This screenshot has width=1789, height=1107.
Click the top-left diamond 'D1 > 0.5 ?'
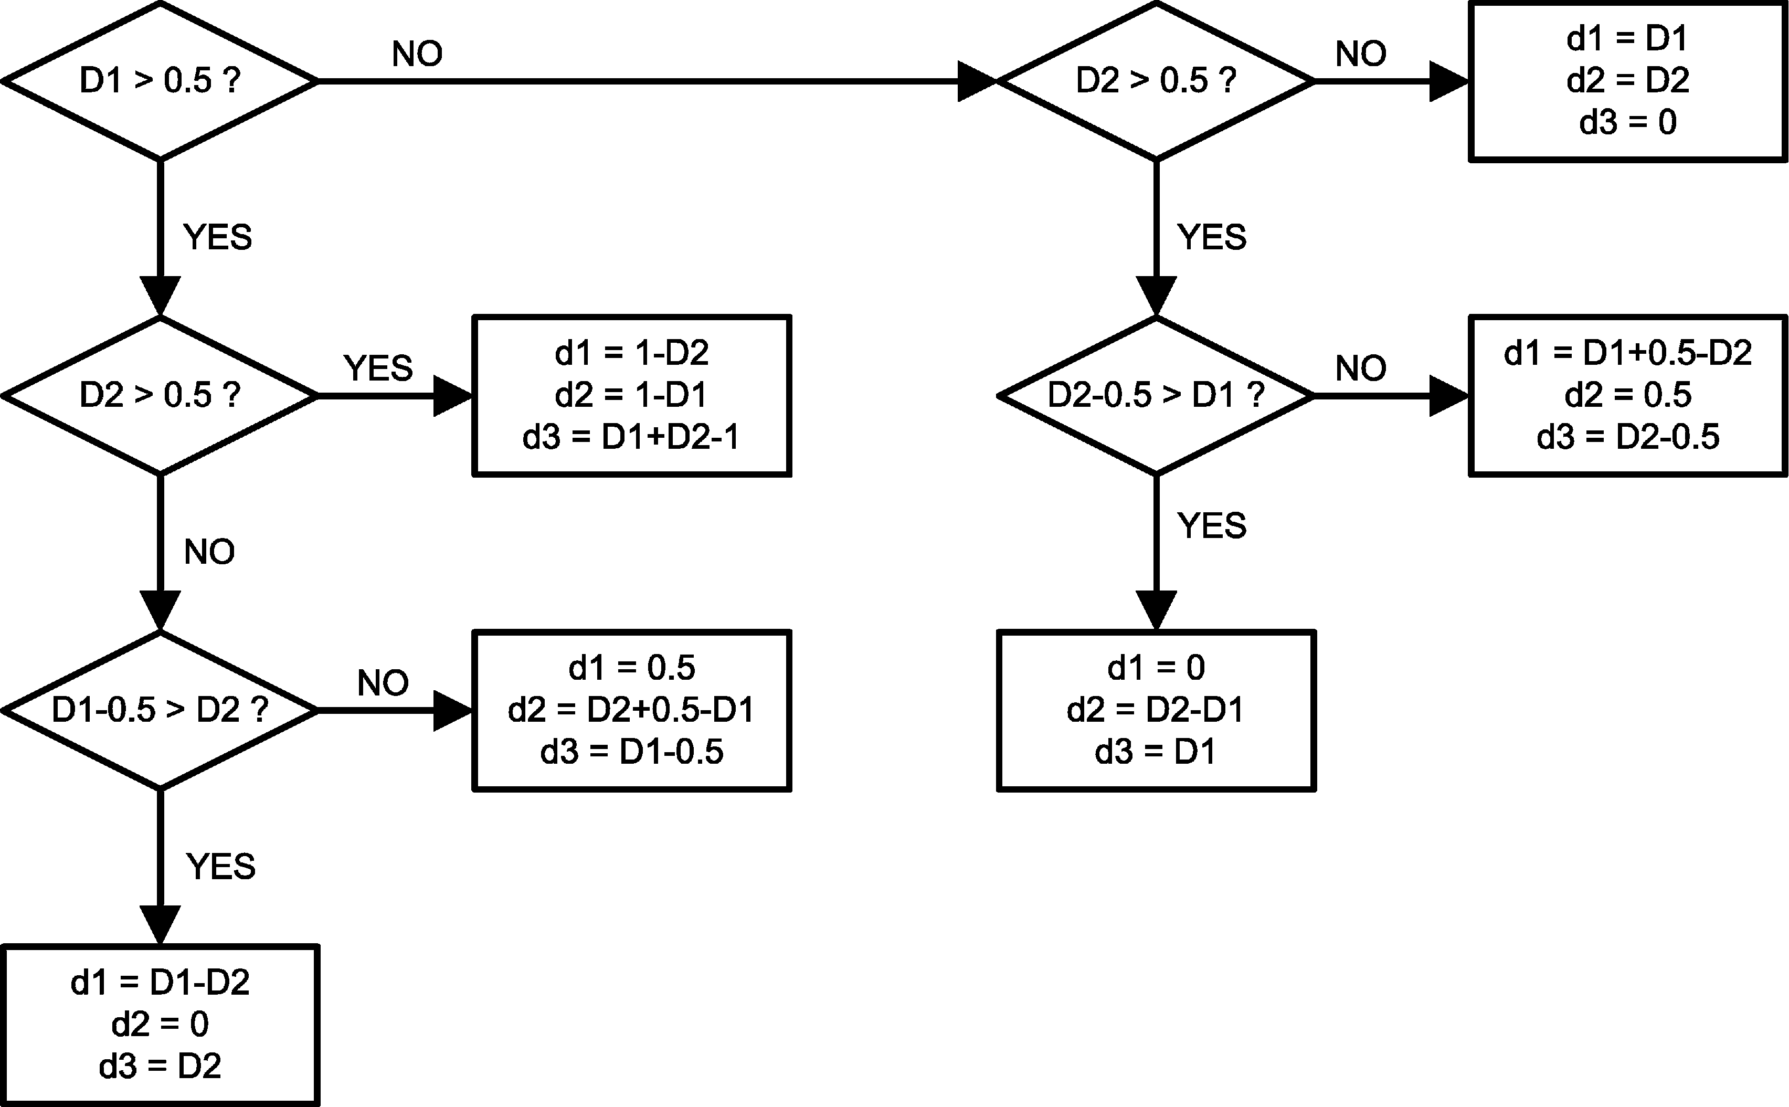(160, 80)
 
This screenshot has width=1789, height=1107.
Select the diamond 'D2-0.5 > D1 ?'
(1156, 395)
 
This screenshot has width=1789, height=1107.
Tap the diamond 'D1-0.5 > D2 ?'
(160, 710)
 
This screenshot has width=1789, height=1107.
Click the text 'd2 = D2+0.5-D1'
(631, 710)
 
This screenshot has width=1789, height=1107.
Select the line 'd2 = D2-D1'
(1156, 710)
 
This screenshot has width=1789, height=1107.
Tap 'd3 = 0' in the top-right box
(1627, 122)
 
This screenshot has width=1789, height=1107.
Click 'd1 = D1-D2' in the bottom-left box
(160, 982)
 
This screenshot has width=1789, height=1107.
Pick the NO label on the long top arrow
(417, 54)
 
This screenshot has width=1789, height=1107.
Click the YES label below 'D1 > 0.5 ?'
(217, 237)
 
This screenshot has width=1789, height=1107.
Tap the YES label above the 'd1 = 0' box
(1211, 525)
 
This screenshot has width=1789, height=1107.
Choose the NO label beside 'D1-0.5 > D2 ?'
(383, 683)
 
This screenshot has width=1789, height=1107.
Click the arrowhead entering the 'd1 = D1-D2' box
(160, 925)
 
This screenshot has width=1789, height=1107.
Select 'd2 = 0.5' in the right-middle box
(1627, 395)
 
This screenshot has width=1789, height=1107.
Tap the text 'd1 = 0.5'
(631, 668)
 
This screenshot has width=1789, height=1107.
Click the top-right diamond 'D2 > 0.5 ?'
(1156, 80)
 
